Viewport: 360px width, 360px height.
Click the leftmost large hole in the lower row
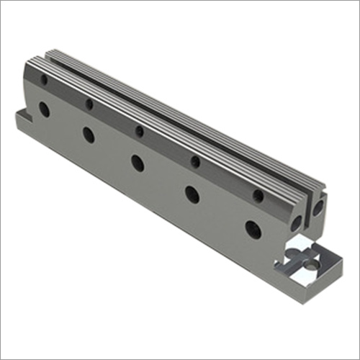45,110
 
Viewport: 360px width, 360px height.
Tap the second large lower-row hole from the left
89,135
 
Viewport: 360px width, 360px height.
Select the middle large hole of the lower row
137,163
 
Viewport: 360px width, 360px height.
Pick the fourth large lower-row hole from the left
192,194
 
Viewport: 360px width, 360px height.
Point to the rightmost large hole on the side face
253,230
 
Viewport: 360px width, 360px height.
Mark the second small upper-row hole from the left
89,104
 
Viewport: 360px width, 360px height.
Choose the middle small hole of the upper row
139,131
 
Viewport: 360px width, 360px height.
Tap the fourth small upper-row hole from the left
194,161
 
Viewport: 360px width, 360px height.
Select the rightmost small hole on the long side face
258,195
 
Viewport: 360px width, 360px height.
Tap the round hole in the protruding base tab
310,265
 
